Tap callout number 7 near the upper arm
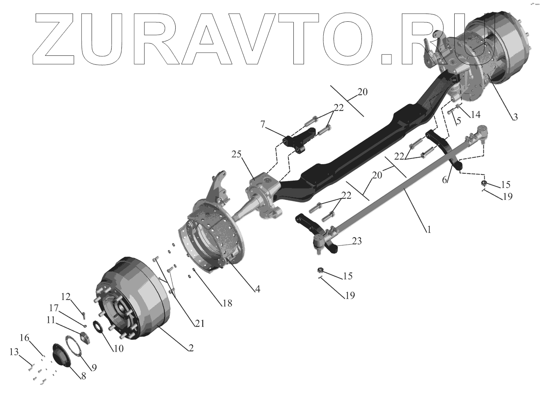pyautogui.click(x=263, y=124)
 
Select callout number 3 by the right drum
pyautogui.click(x=515, y=117)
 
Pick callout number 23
pyautogui.click(x=357, y=242)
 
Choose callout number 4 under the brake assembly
pyautogui.click(x=257, y=289)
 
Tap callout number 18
pyautogui.click(x=227, y=303)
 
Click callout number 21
pyautogui.click(x=199, y=323)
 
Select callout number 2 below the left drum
pyautogui.click(x=190, y=348)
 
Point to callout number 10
pyautogui.click(x=119, y=348)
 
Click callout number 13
pyautogui.click(x=14, y=351)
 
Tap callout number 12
pyautogui.click(x=66, y=297)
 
